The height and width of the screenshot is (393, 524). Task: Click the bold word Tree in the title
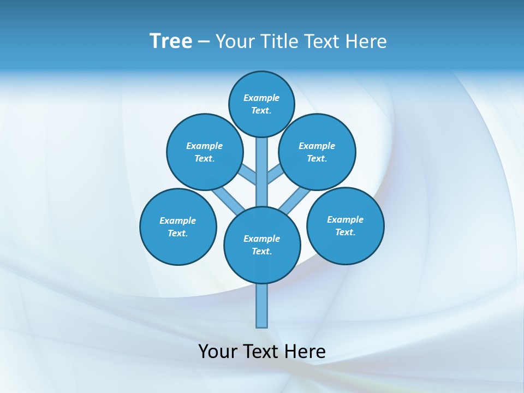[171, 41]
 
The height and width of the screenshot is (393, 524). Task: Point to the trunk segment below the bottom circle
[262, 306]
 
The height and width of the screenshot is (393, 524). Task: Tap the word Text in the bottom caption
[263, 352]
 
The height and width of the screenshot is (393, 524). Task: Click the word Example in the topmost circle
[261, 98]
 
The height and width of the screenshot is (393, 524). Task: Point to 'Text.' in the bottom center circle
[262, 252]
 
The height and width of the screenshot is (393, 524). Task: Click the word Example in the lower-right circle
[345, 219]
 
